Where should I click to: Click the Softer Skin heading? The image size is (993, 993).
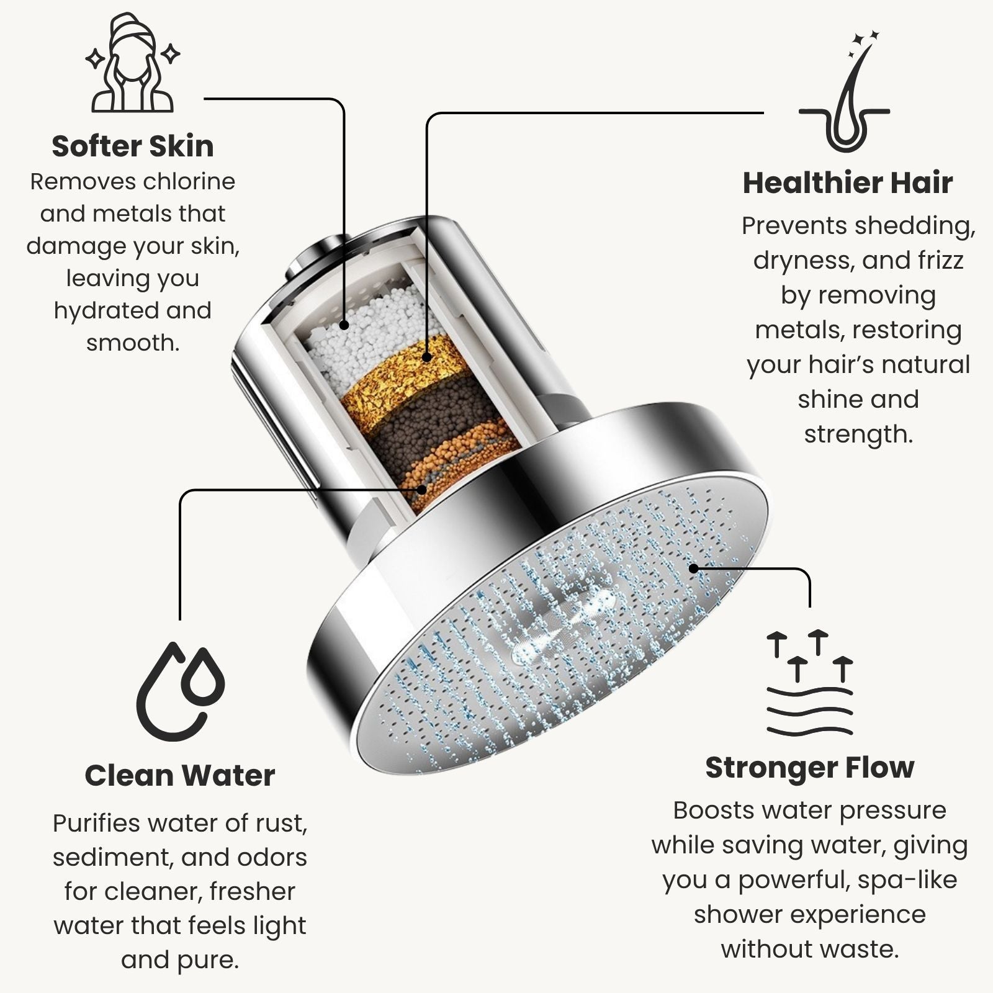(133, 146)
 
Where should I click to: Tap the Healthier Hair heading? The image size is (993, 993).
(848, 182)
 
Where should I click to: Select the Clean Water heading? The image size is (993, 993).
(180, 775)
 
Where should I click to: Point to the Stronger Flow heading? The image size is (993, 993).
(810, 768)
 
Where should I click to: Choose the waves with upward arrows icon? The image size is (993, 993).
(810, 683)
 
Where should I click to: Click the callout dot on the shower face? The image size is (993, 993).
(694, 567)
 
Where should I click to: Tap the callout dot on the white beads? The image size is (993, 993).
(344, 325)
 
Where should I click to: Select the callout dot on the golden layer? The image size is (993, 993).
(426, 357)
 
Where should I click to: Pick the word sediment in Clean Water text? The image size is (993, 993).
(112, 857)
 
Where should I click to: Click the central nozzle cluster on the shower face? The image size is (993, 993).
(562, 627)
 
